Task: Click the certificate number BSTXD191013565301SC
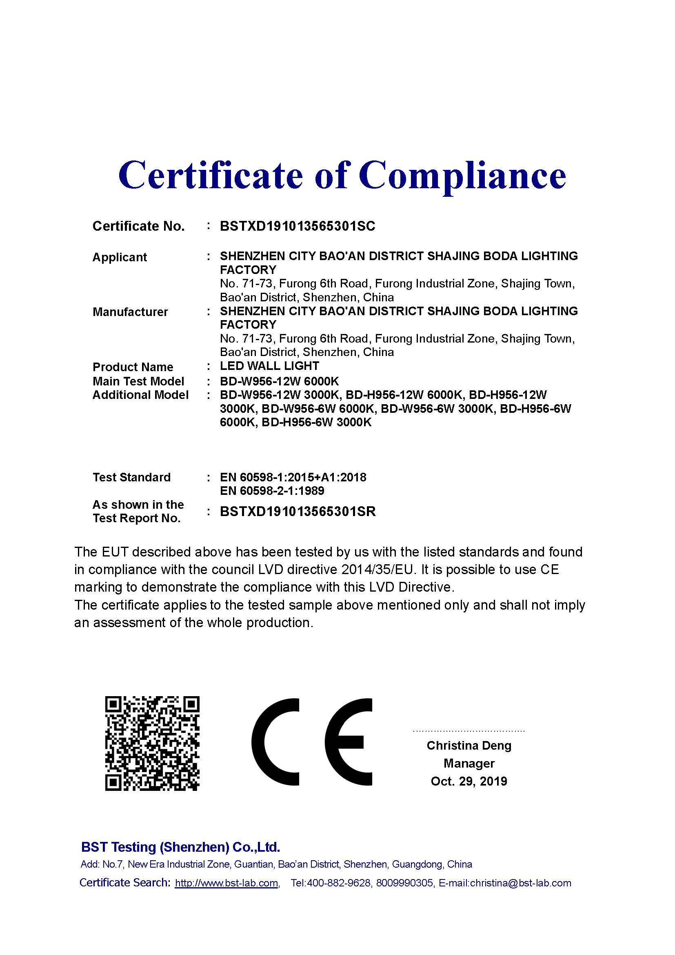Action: pyautogui.click(x=297, y=226)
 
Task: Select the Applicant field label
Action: pyautogui.click(x=120, y=258)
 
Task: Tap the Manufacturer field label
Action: pyautogui.click(x=130, y=312)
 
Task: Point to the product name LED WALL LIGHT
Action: pyautogui.click(x=269, y=366)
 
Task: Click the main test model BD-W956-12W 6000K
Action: pyautogui.click(x=279, y=381)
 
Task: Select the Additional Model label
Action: pyautogui.click(x=140, y=395)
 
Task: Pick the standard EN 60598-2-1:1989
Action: pyautogui.click(x=272, y=491)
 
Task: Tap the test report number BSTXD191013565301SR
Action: pyautogui.click(x=298, y=512)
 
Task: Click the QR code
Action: pyautogui.click(x=152, y=743)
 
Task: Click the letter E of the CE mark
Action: pyautogui.click(x=348, y=742)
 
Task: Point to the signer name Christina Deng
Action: pyautogui.click(x=469, y=746)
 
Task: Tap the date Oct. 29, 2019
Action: pyautogui.click(x=469, y=781)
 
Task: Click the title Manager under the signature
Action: pyautogui.click(x=469, y=763)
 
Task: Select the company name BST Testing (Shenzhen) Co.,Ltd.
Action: pyautogui.click(x=180, y=847)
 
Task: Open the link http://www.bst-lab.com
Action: pyautogui.click(x=226, y=883)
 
